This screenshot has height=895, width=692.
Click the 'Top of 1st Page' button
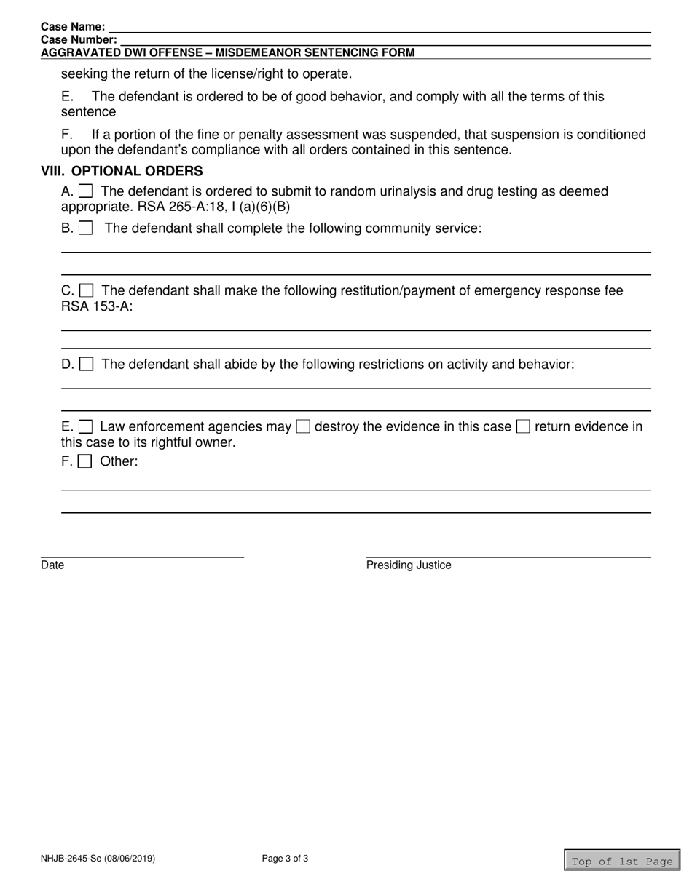tap(621, 861)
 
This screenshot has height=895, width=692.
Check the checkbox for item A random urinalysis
tap(86, 191)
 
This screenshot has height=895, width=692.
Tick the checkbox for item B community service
tap(86, 228)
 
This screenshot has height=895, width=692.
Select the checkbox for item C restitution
tap(86, 290)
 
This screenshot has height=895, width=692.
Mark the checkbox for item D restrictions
tap(86, 364)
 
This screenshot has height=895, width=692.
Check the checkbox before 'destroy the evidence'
tap(303, 426)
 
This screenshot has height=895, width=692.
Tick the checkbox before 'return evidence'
tap(523, 426)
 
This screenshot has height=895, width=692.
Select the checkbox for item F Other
tap(85, 461)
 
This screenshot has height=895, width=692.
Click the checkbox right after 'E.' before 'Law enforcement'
tap(85, 426)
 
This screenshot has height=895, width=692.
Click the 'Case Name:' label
tap(73, 27)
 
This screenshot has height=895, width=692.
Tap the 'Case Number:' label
tap(79, 40)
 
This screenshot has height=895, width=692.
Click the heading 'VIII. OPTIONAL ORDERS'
tap(122, 172)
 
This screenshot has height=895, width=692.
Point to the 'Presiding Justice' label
tap(409, 565)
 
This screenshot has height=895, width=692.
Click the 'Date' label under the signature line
tap(52, 565)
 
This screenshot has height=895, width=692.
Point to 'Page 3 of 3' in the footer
tap(285, 859)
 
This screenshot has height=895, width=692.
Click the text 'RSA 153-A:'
tap(97, 306)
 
